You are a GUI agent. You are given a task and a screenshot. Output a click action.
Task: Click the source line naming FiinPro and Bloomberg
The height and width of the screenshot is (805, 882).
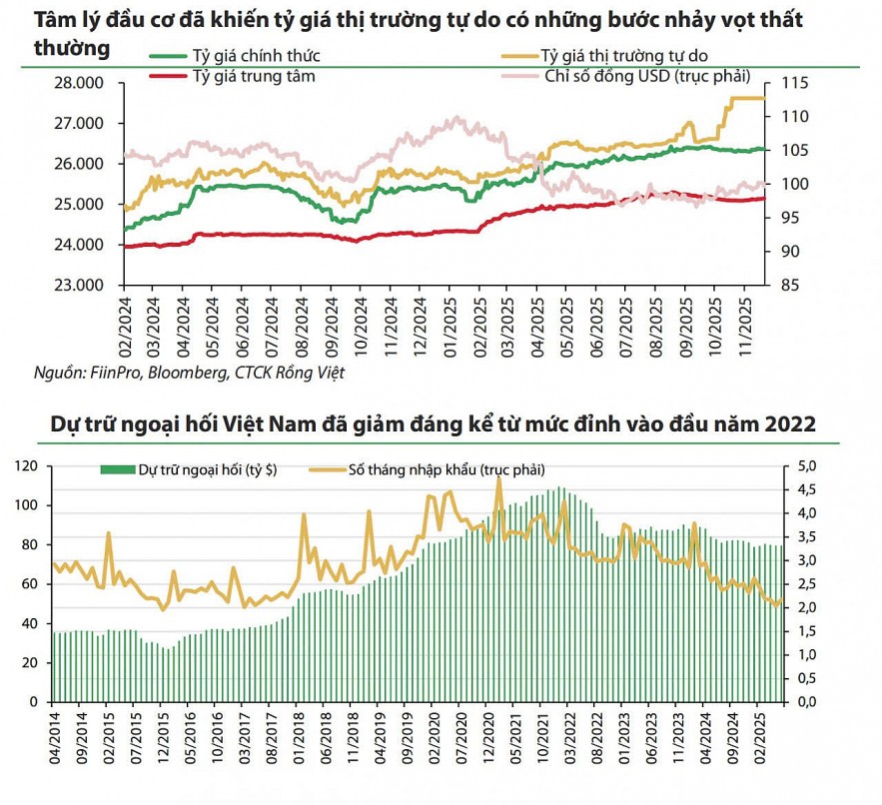click(x=190, y=374)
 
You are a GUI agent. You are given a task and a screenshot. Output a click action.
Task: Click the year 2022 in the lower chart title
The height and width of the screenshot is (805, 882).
click(x=790, y=424)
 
